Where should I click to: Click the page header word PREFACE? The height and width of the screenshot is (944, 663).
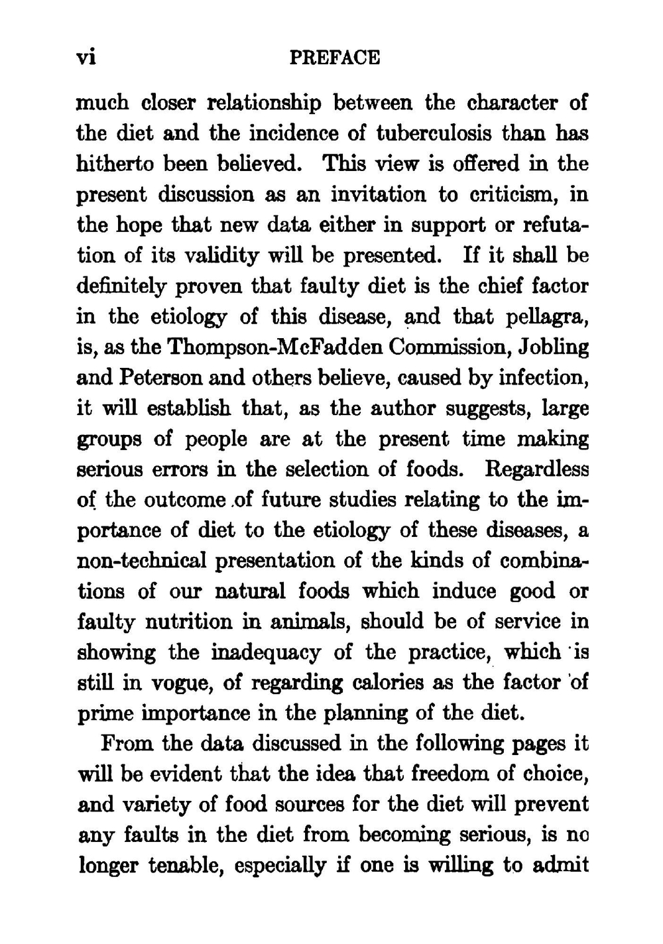pyautogui.click(x=335, y=58)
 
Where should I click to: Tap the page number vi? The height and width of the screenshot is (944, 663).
pyautogui.click(x=88, y=58)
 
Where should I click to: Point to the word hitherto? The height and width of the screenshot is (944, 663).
pyautogui.click(x=109, y=164)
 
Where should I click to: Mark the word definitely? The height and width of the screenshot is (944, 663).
pyautogui.click(x=119, y=286)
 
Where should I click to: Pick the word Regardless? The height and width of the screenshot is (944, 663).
pyautogui.click(x=537, y=469)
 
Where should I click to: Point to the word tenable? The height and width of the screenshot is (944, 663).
pyautogui.click(x=192, y=866)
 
